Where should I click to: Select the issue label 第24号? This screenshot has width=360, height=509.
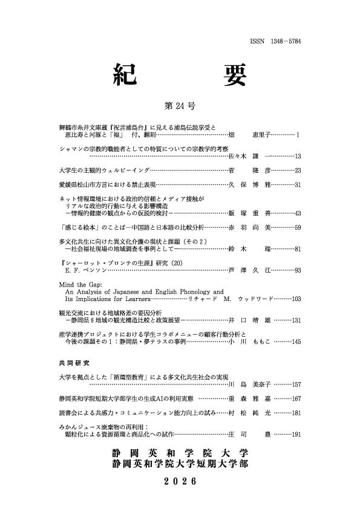pos(180,106)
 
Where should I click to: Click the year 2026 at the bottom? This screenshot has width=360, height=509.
pos(180,481)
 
